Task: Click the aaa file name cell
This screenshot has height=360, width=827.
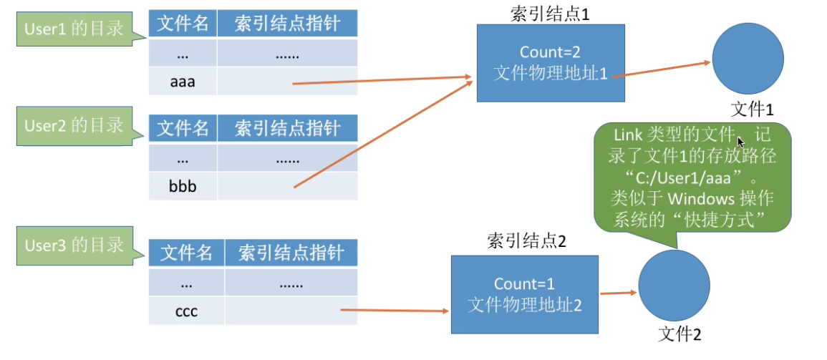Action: (x=183, y=82)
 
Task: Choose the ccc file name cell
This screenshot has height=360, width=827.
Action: (x=186, y=311)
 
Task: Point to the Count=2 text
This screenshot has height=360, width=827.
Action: (x=549, y=52)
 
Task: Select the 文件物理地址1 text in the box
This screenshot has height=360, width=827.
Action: (x=550, y=73)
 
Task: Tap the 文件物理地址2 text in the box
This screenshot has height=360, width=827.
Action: (x=525, y=304)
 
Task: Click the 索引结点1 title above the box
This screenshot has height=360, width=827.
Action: (x=550, y=14)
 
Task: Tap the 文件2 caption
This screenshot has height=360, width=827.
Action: (x=680, y=334)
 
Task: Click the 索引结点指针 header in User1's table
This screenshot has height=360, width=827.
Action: (x=286, y=24)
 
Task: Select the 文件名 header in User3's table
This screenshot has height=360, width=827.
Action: (x=187, y=253)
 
